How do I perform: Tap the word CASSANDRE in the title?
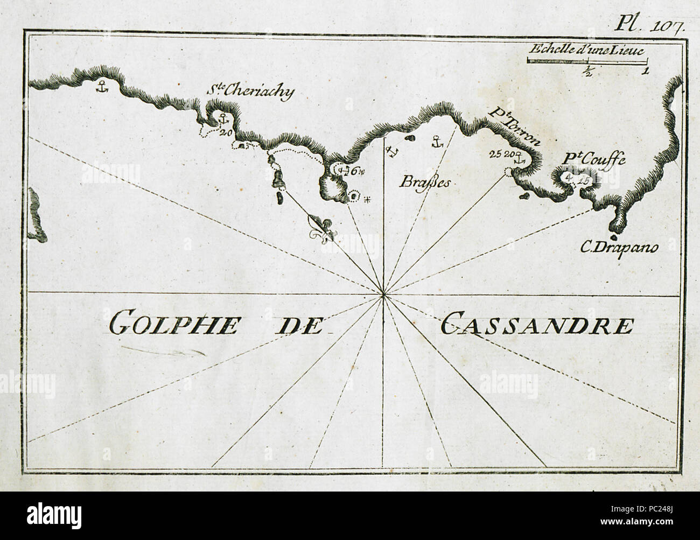coord(536,325)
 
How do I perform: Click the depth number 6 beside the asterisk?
coord(354,171)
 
